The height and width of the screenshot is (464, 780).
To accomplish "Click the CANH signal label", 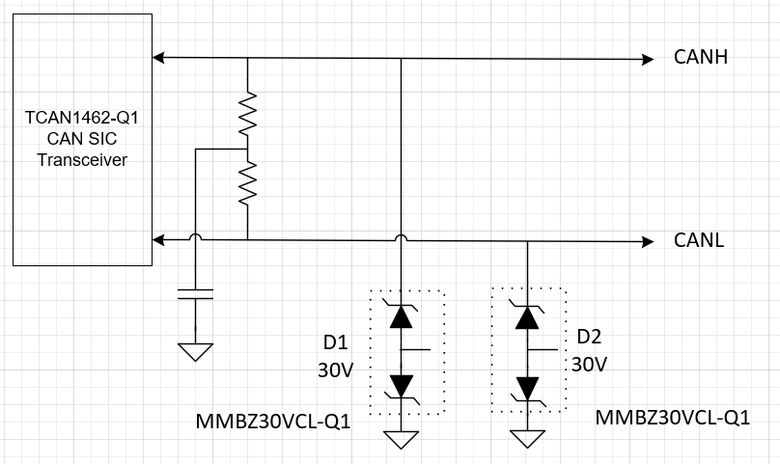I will [700, 58].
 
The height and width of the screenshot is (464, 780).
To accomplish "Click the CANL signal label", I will [699, 238].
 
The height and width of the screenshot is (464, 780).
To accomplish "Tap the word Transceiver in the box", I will [82, 160].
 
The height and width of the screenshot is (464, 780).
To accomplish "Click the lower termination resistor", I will [248, 182].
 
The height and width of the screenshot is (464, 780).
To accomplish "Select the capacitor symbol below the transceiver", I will [196, 293].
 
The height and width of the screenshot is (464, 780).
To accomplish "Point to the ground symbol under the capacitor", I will [196, 351].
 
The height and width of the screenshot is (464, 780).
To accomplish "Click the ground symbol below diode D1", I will [402, 440].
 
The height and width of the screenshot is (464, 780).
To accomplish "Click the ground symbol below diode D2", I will [527, 438].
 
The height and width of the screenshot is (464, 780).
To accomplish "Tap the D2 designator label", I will [589, 337].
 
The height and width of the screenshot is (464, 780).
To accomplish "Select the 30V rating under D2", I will [589, 364].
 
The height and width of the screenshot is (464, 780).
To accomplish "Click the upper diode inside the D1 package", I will [402, 315].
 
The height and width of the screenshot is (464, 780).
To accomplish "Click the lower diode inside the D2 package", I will [527, 387].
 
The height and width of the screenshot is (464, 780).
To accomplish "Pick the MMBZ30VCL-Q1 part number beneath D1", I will [273, 423].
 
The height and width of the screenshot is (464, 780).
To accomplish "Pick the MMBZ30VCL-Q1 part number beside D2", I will [673, 418].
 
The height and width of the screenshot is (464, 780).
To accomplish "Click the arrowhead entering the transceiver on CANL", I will [160, 238].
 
